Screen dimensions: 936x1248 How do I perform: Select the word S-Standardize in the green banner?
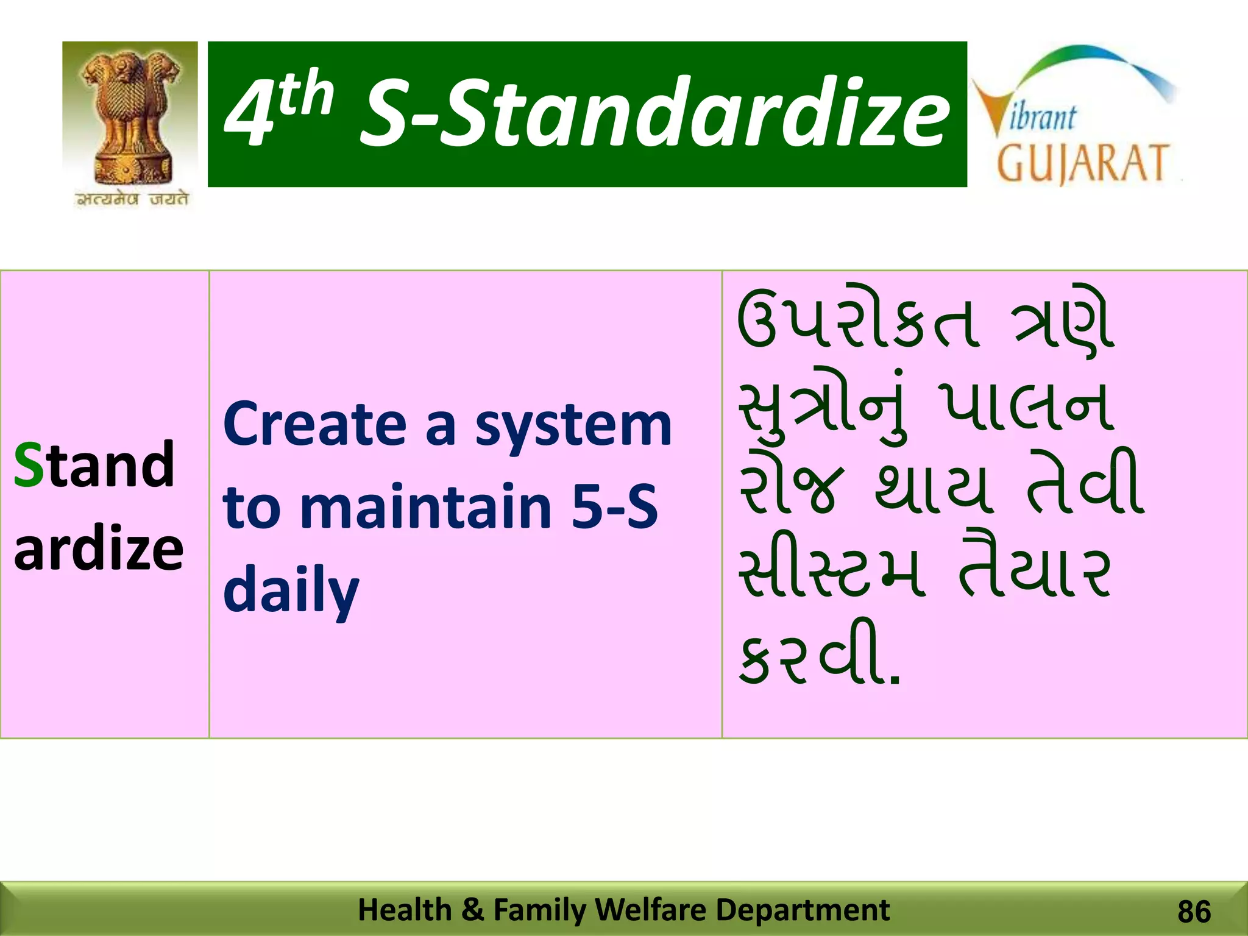click(654, 114)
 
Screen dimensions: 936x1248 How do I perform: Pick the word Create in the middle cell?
click(314, 425)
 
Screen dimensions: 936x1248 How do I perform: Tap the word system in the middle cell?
click(573, 427)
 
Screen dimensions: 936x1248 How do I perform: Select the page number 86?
click(1194, 912)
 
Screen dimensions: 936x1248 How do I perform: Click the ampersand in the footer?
click(473, 910)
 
